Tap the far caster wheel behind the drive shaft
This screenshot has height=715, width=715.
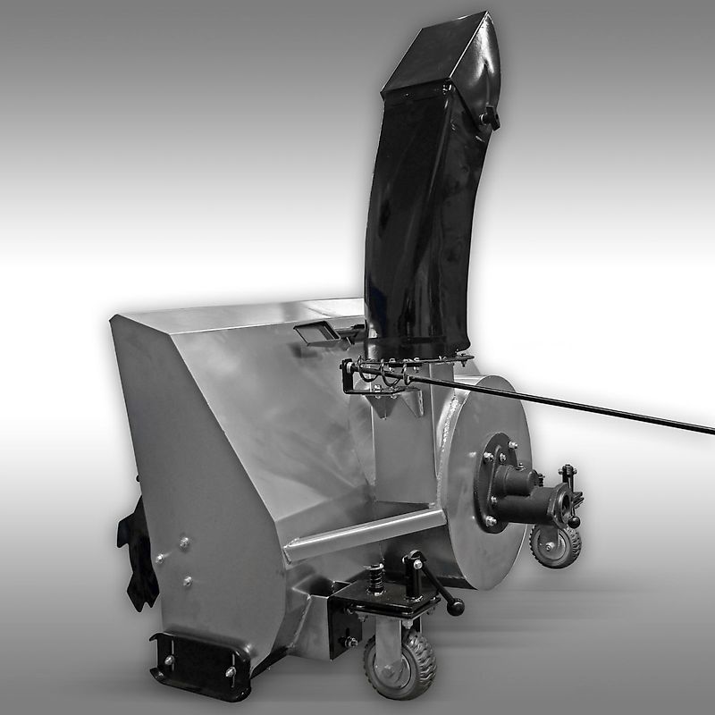[x=555, y=544]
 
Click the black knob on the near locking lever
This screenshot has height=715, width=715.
[x=456, y=607]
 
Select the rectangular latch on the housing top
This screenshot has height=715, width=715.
[x=317, y=332]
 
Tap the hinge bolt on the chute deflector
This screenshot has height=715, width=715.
[x=488, y=117]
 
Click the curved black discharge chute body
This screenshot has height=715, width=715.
[x=420, y=223]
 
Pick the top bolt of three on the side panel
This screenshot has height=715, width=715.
[x=183, y=542]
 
